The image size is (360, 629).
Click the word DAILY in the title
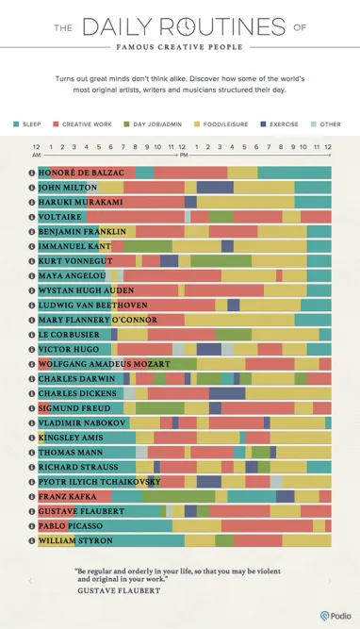(118, 26)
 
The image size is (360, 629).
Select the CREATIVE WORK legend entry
(88, 124)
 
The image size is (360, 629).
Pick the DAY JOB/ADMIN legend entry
(156, 124)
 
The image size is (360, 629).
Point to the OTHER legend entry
(330, 124)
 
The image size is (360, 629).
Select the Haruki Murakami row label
(80, 202)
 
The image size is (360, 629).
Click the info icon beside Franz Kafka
(31, 496)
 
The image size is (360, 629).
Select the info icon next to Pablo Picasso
(31, 525)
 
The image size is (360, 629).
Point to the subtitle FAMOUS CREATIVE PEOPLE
(179, 46)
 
